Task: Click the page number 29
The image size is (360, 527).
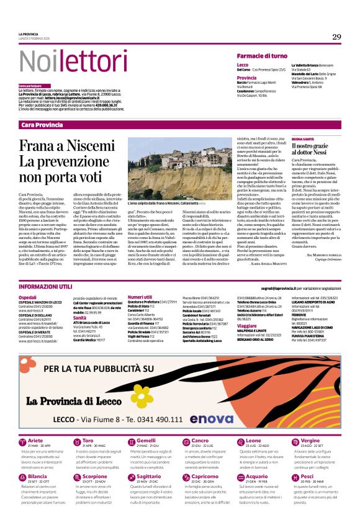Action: pos(336,37)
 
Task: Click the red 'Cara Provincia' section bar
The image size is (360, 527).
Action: pos(42,125)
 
